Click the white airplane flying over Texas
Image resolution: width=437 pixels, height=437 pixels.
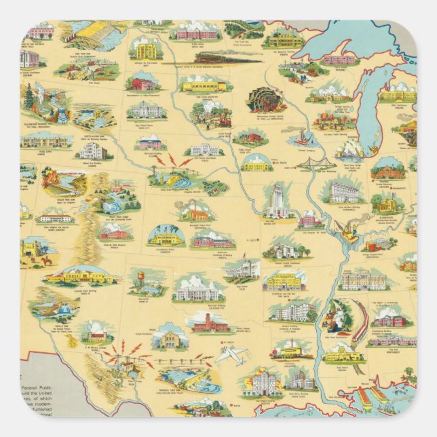pos(231,354)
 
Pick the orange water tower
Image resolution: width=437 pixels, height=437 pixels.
pos(143,279)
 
